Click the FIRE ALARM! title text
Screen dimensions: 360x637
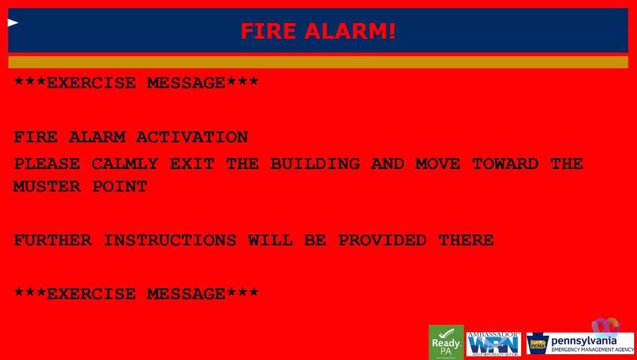point(318,31)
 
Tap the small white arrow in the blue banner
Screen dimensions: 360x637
point(13,23)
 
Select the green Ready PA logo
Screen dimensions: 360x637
point(446,343)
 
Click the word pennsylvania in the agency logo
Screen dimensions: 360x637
point(584,340)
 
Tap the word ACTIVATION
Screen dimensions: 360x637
point(192,138)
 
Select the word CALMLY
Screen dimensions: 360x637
point(125,164)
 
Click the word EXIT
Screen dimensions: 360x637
point(192,164)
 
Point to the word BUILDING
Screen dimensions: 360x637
point(315,164)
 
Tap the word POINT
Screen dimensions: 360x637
point(119,187)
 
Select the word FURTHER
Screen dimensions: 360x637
point(53,241)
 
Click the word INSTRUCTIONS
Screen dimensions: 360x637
point(170,241)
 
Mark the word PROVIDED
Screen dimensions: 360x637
point(382,241)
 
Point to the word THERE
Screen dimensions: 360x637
point(466,241)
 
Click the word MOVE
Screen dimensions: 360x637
point(438,164)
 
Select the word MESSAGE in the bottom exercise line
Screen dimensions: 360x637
point(185,295)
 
